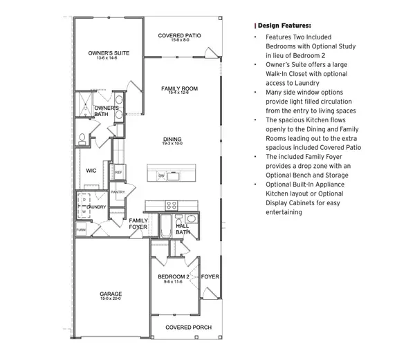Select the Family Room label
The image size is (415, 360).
[179, 88]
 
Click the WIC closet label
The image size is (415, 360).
[91, 169]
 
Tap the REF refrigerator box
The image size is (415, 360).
[118, 172]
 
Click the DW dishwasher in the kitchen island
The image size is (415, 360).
[161, 176]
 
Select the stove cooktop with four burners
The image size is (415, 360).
[172, 205]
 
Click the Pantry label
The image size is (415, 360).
[118, 192]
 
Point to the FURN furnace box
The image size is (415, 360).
[81, 229]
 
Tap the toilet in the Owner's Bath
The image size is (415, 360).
[82, 140]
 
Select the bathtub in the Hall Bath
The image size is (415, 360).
[166, 227]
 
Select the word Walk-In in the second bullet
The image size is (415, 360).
[276, 74]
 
